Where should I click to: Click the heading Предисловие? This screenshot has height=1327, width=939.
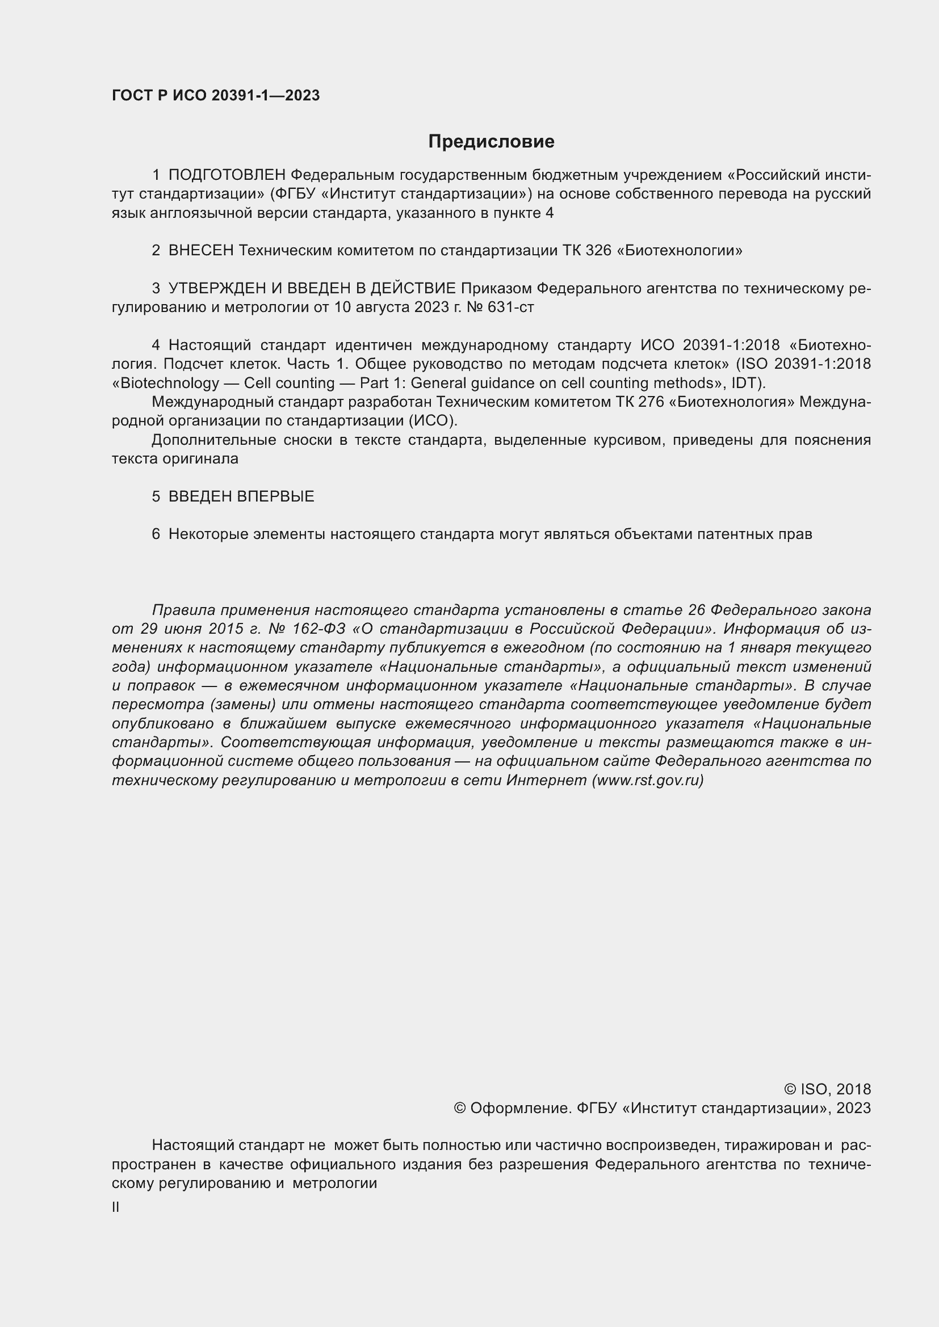coord(491,142)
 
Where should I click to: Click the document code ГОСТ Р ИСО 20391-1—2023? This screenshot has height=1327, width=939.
coord(216,96)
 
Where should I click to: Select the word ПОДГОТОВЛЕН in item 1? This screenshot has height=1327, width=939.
coord(227,175)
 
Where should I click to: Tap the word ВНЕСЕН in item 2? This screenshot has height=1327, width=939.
coord(201,250)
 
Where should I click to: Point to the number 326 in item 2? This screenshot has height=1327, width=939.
coord(598,250)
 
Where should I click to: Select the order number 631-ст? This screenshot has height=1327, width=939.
coord(510,307)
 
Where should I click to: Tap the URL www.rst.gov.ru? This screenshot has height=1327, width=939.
coord(648,780)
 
